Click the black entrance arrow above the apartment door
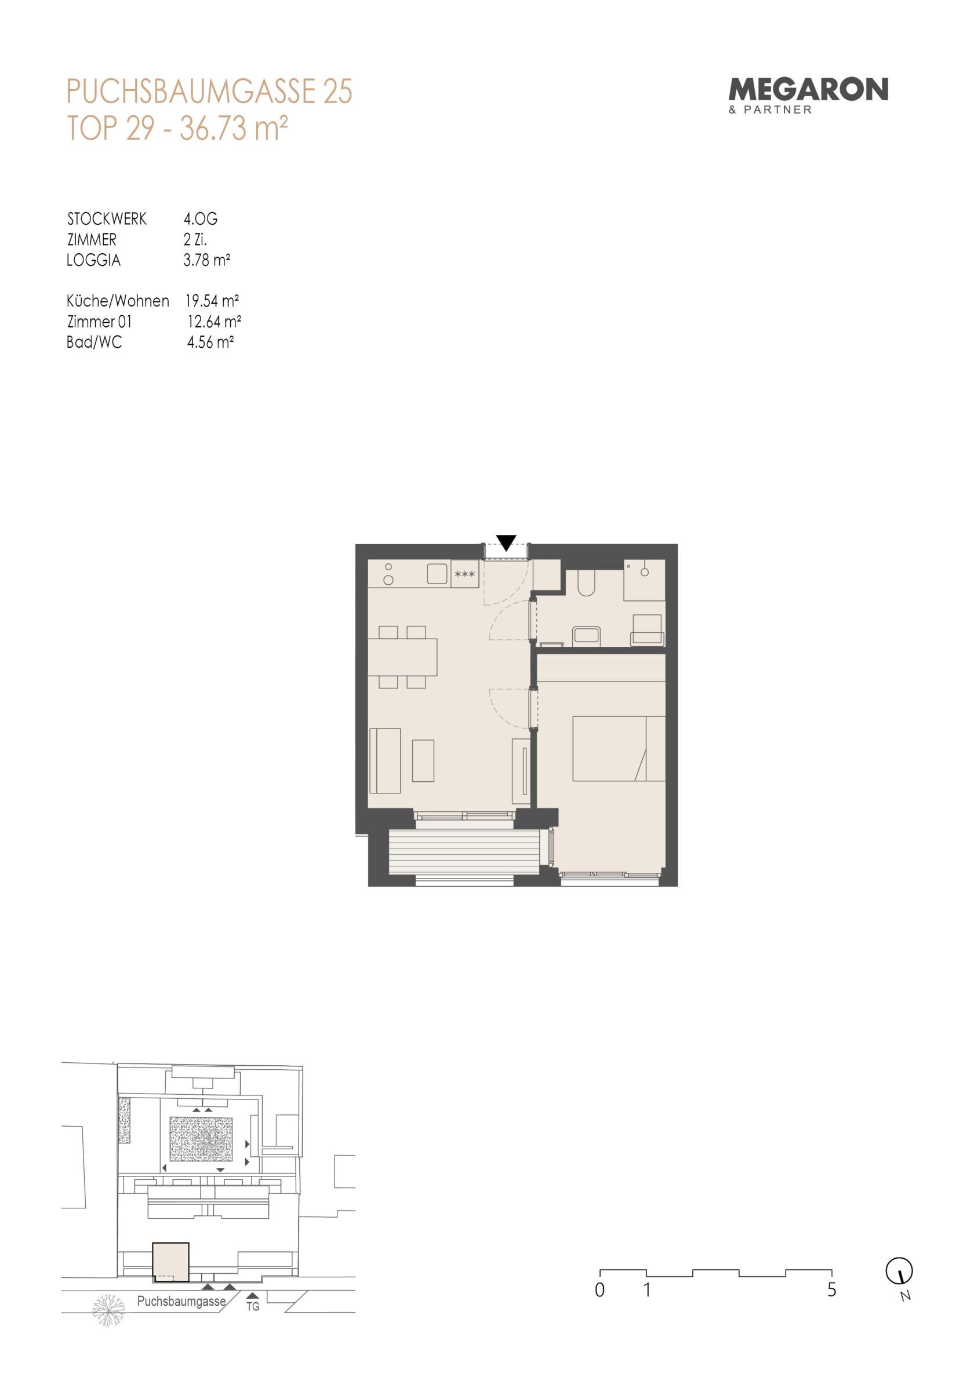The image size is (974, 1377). click(507, 542)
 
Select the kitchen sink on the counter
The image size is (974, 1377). click(438, 574)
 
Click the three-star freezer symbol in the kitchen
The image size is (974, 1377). click(464, 574)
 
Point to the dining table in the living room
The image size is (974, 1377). click(402, 657)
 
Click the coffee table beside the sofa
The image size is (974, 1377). click(423, 760)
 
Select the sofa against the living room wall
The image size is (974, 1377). click(385, 760)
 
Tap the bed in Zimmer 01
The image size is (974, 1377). click(619, 748)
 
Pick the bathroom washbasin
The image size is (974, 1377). click(587, 635)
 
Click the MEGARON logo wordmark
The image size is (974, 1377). click(808, 89)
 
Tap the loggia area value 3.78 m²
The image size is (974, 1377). click(207, 260)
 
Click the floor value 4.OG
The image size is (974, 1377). click(201, 219)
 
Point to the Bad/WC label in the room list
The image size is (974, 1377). click(95, 343)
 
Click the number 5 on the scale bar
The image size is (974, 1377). click(832, 1289)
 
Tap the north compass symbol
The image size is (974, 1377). click(900, 1271)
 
